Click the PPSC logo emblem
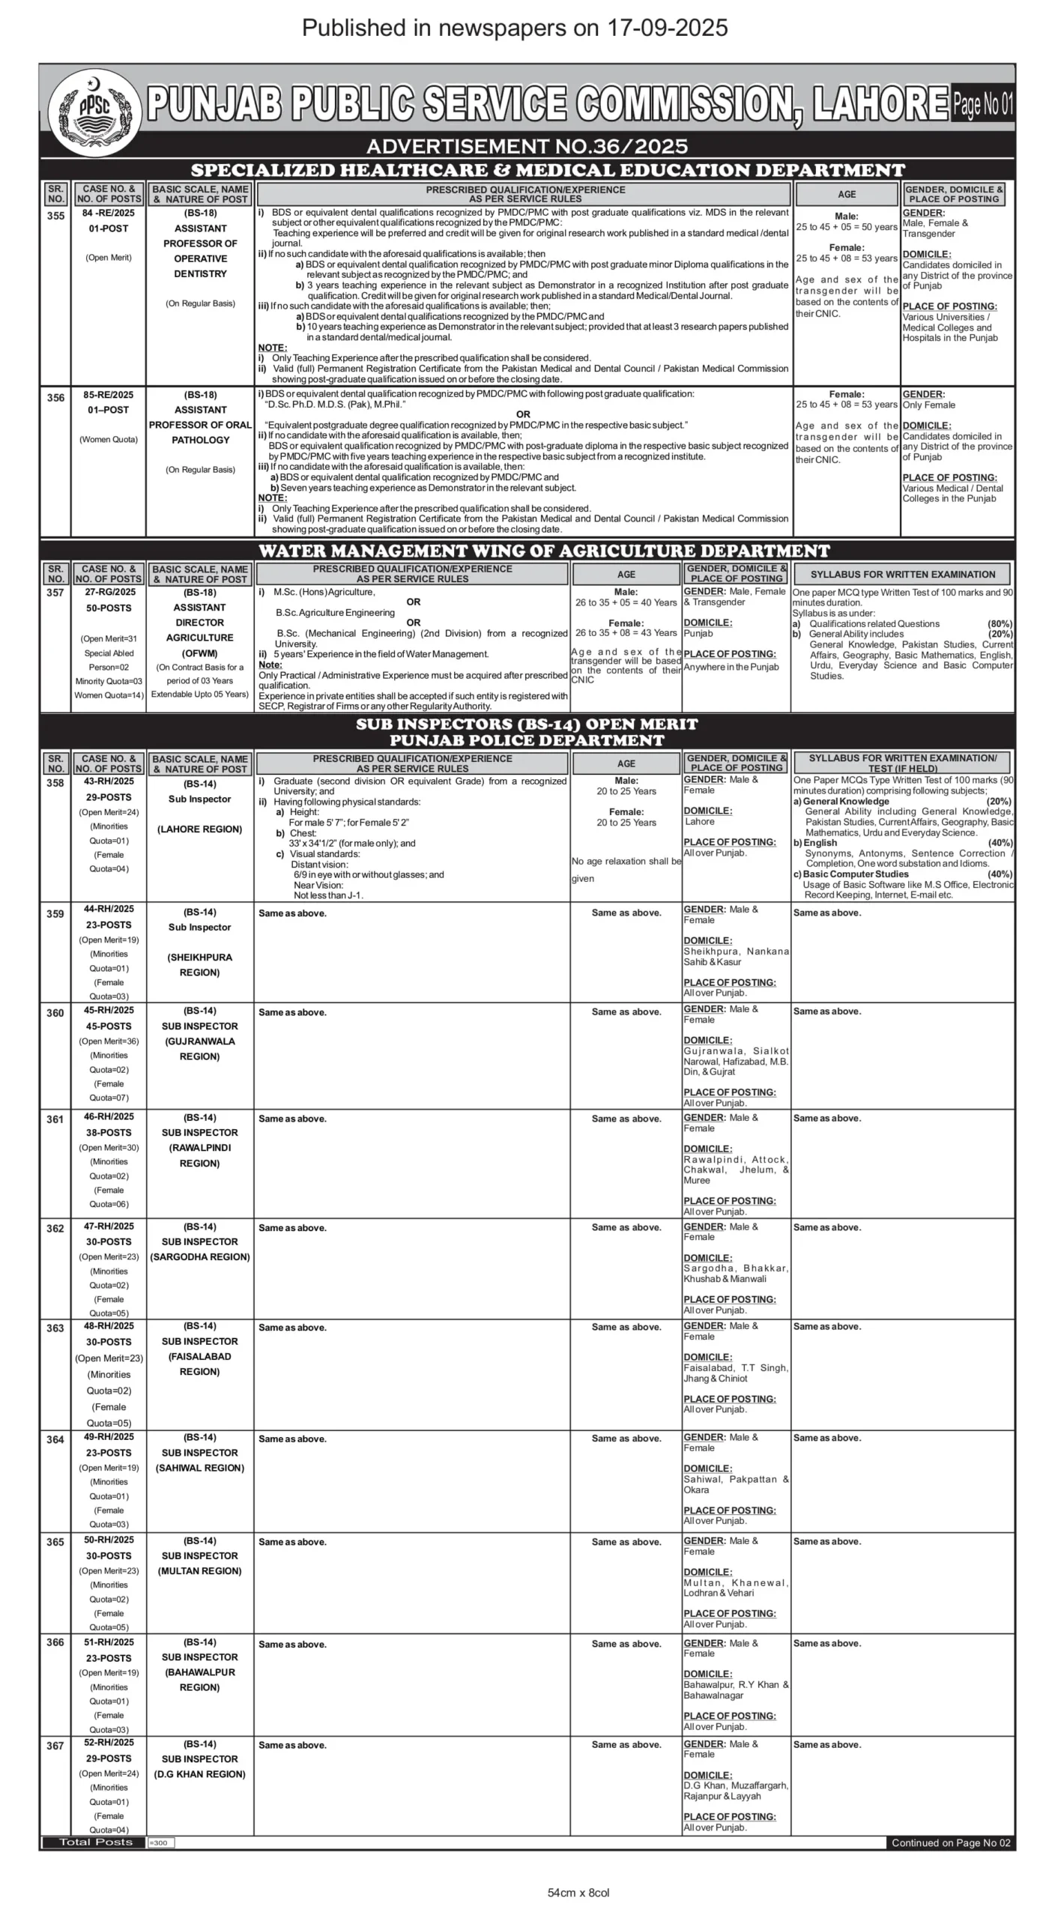[x=94, y=111]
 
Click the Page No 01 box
[x=982, y=104]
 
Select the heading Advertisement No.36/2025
[x=527, y=146]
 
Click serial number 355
[x=55, y=216]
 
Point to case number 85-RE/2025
[x=109, y=395]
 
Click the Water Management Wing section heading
[x=544, y=551]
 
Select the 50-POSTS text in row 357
[x=109, y=608]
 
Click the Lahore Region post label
[x=199, y=829]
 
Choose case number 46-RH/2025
[x=109, y=1117]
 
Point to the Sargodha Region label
[x=199, y=1257]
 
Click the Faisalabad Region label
[x=199, y=1364]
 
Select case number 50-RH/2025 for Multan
[x=109, y=1540]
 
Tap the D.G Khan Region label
[x=199, y=1774]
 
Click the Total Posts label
[x=95, y=1842]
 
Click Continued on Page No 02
[x=950, y=1842]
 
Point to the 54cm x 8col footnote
[x=578, y=1893]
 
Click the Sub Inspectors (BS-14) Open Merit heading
[x=527, y=724]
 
